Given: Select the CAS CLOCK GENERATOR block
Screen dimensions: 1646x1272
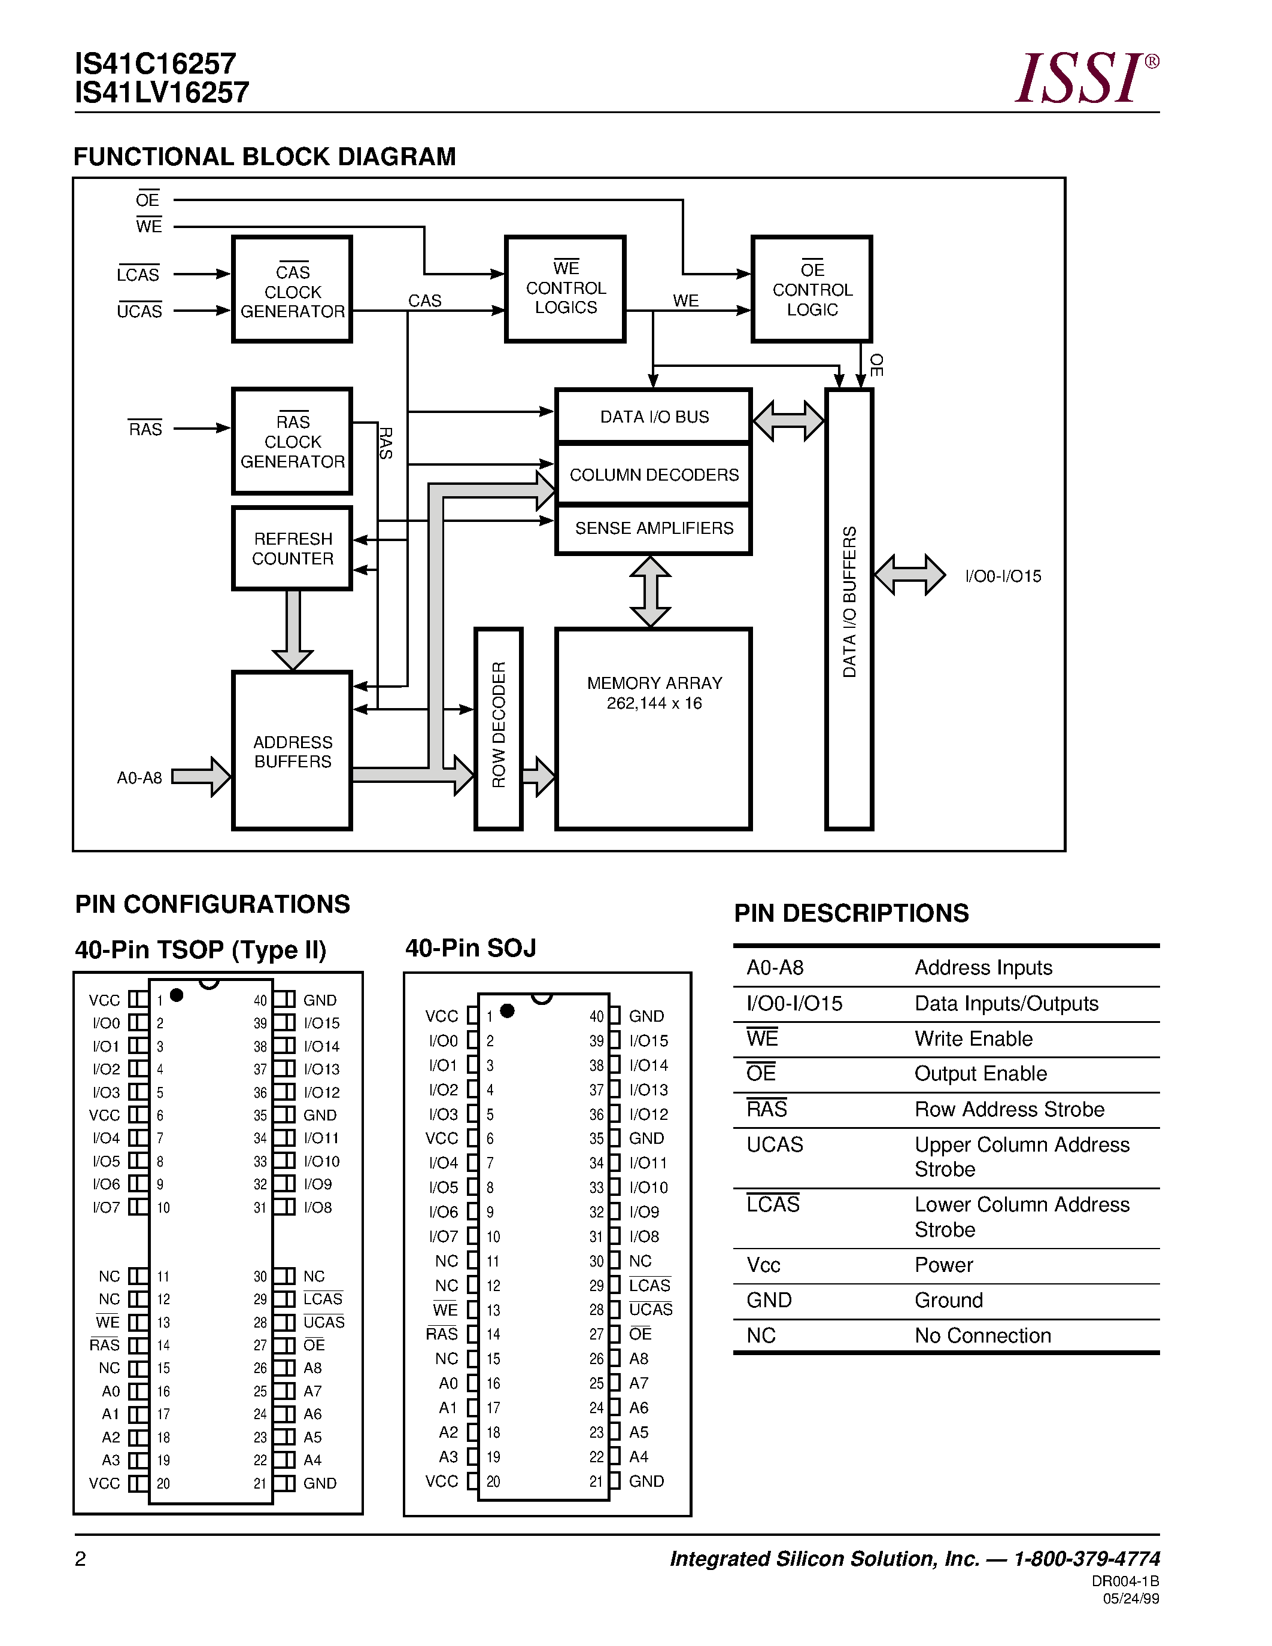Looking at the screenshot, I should [x=292, y=290].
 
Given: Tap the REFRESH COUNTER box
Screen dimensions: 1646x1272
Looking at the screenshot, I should [x=292, y=549].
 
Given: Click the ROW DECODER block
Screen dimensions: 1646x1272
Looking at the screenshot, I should [x=498, y=727].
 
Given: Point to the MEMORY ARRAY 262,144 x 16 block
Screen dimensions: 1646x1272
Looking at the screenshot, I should [x=653, y=727].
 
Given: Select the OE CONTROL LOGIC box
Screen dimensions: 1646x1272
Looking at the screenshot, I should [x=812, y=290].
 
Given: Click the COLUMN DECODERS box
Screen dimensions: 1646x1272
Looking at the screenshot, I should [x=653, y=475].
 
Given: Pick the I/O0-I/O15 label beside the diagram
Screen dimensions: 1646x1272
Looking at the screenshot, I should [x=1003, y=576].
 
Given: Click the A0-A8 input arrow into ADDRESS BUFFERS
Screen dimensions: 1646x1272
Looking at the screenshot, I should [x=201, y=776].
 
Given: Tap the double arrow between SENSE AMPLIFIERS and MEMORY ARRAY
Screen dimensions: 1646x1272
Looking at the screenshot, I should [x=649, y=591].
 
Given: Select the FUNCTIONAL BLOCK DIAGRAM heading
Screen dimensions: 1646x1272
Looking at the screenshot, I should [x=265, y=157].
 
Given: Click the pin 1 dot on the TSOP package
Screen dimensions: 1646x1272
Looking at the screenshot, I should [x=177, y=995].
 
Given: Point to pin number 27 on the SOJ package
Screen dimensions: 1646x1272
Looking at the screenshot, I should [x=597, y=1334].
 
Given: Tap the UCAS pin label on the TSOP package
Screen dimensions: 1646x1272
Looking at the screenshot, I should [x=324, y=1323].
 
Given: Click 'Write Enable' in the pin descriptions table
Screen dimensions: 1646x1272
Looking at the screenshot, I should [x=973, y=1038].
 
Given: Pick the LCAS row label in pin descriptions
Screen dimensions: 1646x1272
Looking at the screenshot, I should [x=773, y=1204].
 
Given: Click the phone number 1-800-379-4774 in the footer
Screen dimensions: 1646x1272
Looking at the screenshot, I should [x=1086, y=1559].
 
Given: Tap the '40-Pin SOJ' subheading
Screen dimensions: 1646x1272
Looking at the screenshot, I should [x=471, y=948].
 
